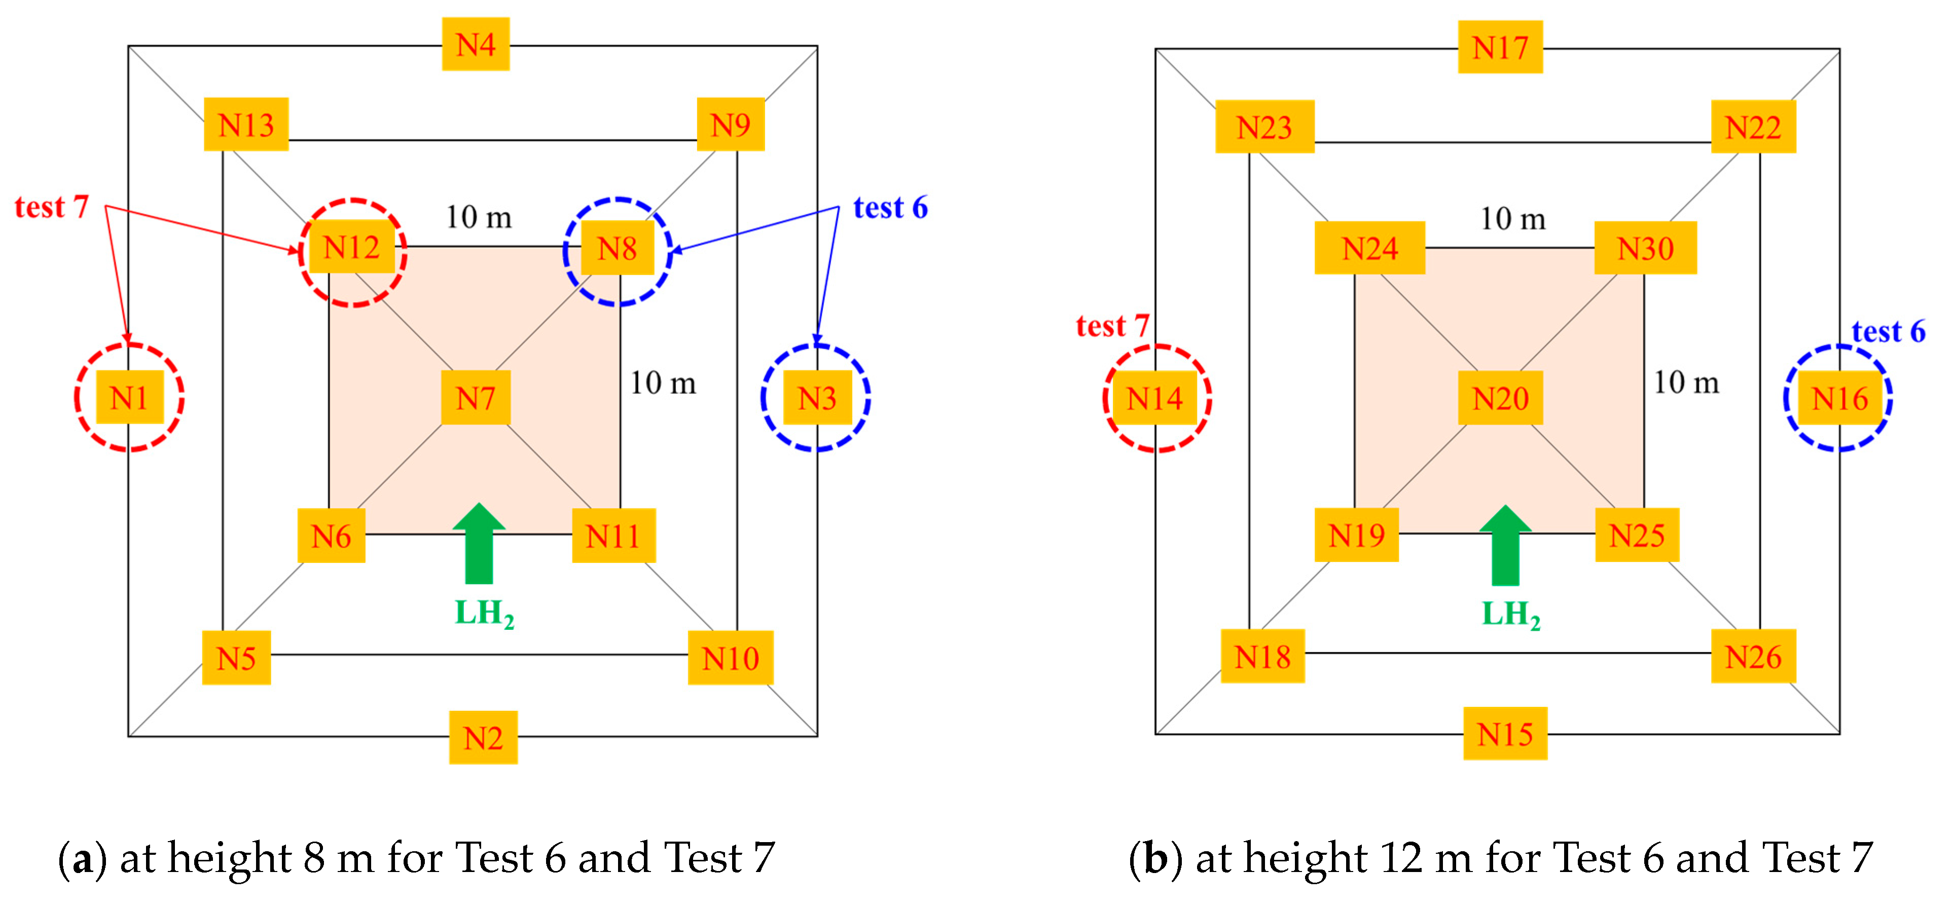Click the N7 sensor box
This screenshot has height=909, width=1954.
(476, 397)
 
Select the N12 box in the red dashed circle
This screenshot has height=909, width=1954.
(351, 247)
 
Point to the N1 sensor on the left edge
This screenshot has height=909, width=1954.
(129, 397)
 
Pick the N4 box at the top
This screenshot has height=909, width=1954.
(476, 45)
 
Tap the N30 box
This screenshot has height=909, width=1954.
(1645, 248)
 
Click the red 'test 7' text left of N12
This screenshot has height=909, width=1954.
(52, 206)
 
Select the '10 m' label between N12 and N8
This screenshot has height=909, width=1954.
(478, 217)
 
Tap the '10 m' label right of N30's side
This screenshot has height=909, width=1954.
(1685, 382)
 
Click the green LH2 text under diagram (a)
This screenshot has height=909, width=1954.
(484, 613)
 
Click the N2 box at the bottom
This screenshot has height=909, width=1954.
(483, 737)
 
